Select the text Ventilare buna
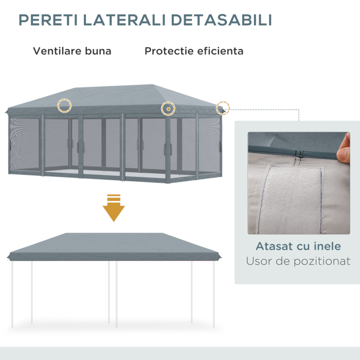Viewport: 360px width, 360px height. click(72, 51)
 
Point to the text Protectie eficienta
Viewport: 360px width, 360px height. click(194, 51)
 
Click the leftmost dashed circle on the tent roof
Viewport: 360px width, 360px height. click(64, 105)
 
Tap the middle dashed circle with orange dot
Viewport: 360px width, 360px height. click(168, 109)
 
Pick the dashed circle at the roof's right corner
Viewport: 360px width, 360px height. click(222, 108)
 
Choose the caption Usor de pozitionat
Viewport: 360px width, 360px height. click(298, 261)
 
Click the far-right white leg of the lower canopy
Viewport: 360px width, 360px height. click(214, 293)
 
